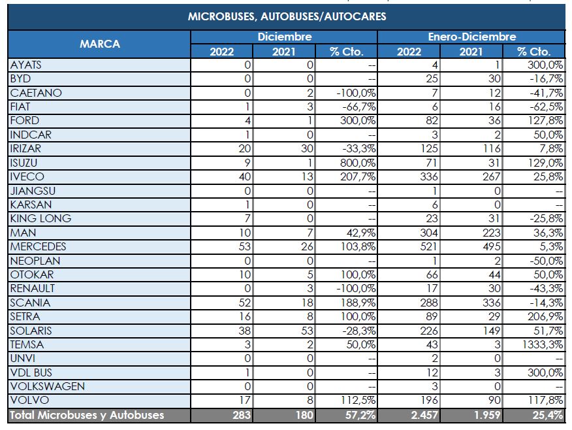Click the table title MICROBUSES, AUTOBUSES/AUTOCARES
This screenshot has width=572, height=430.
[x=287, y=16]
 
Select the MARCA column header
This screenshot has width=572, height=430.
[x=99, y=44]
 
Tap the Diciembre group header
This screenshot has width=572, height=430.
[x=284, y=37]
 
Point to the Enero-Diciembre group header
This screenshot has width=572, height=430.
[x=471, y=37]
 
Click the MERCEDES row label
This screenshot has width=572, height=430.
[x=38, y=247]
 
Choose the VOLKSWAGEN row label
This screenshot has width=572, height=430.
[x=47, y=386]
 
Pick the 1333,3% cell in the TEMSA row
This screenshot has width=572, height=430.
[x=541, y=344]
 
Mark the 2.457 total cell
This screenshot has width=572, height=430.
[x=424, y=415]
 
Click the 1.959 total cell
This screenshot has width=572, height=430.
[x=485, y=415]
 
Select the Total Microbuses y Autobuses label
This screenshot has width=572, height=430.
[x=87, y=415]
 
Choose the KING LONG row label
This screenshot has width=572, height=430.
[x=40, y=218]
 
